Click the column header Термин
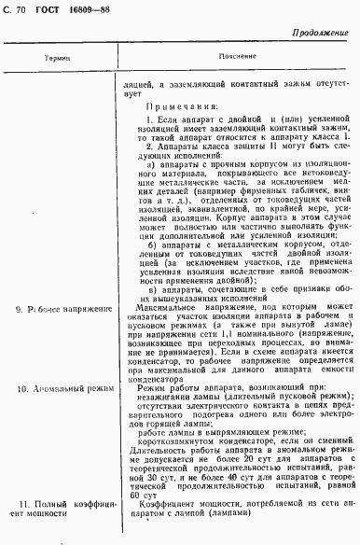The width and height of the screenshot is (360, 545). pos(57,58)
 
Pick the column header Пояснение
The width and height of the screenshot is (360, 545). pos(232,57)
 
